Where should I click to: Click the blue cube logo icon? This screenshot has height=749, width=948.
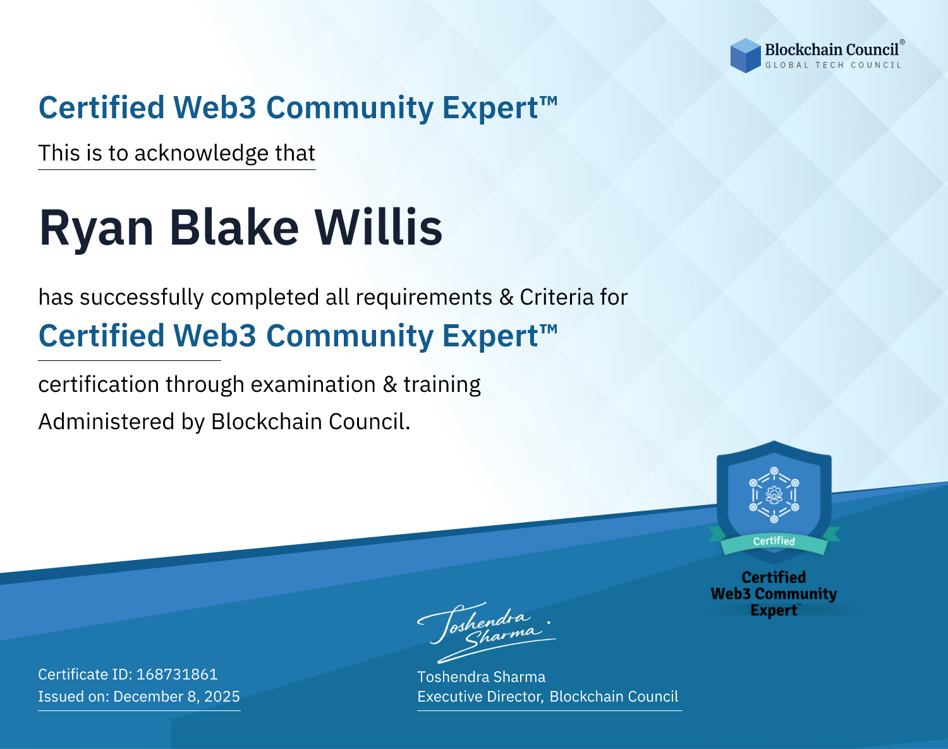(x=745, y=56)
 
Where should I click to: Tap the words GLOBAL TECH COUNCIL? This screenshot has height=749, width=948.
(x=834, y=65)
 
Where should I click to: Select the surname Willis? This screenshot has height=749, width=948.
(x=378, y=227)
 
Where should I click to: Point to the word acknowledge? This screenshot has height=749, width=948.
(x=202, y=153)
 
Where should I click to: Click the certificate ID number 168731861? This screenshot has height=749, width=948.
(x=177, y=674)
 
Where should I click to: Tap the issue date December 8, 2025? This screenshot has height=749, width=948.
(x=177, y=696)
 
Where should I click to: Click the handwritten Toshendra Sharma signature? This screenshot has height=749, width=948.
(x=486, y=632)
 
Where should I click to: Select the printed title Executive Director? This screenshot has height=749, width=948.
(x=480, y=697)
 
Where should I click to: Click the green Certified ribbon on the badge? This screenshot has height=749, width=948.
(x=774, y=542)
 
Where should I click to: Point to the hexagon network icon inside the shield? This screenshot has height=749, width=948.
(x=774, y=495)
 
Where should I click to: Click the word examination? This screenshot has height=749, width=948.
(x=313, y=384)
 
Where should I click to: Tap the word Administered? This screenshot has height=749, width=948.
(x=107, y=421)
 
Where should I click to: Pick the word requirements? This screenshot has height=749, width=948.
(x=424, y=298)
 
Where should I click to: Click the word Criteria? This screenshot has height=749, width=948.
(x=557, y=297)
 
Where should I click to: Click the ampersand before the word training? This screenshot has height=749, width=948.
(x=389, y=384)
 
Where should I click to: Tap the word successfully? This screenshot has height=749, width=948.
(x=142, y=298)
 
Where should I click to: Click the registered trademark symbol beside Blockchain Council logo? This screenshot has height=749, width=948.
(x=902, y=42)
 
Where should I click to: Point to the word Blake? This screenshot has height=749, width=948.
(x=234, y=228)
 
